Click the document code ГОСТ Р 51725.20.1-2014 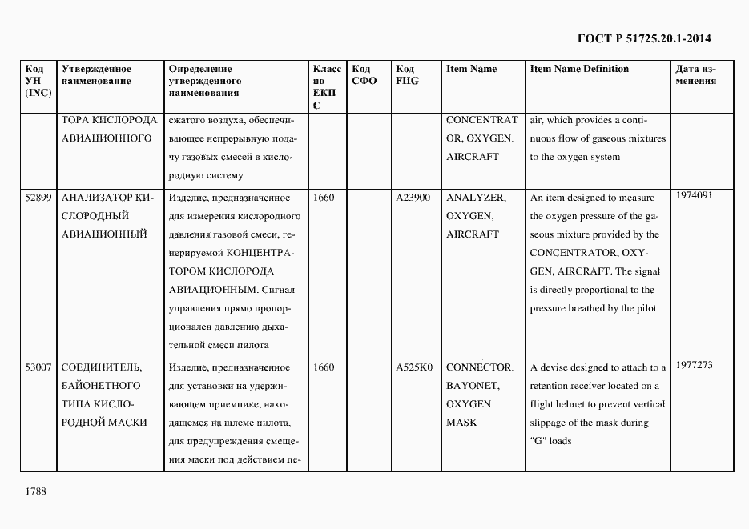(x=644, y=38)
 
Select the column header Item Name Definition (x=579, y=69)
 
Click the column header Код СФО (x=364, y=74)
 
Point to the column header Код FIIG (x=407, y=74)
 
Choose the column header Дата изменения (x=696, y=74)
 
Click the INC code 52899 (x=38, y=198)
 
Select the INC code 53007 (x=38, y=367)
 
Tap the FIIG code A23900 (x=413, y=198)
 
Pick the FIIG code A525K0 (x=414, y=367)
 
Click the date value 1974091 (x=694, y=194)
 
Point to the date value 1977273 (x=694, y=364)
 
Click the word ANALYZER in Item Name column (x=475, y=198)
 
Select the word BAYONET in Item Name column (x=472, y=386)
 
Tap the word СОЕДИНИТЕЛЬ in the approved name (x=102, y=367)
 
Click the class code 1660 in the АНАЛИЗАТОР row (x=324, y=198)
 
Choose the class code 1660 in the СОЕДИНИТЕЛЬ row (x=324, y=367)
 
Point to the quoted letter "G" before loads (x=538, y=441)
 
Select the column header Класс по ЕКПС (x=327, y=86)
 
